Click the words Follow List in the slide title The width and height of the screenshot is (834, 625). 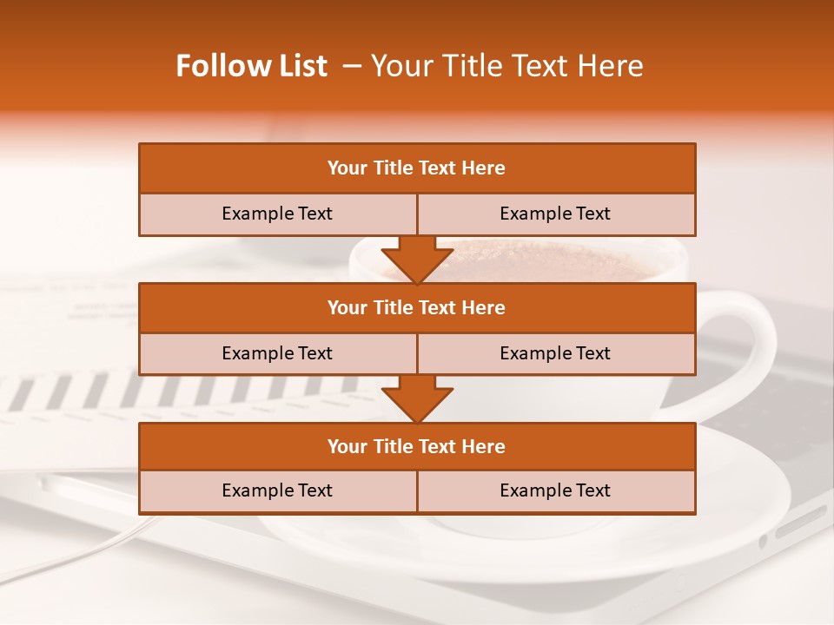[x=251, y=66]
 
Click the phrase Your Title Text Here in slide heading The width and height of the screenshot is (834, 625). [x=506, y=66]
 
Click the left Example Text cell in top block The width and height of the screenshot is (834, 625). [x=277, y=214]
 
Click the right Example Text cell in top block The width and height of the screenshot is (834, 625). [x=555, y=214]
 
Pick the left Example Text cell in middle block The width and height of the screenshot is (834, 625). [x=277, y=353]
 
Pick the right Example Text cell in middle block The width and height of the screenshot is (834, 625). [x=555, y=353]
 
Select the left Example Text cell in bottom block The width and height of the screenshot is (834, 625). [x=277, y=490]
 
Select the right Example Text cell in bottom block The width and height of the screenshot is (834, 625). [x=555, y=490]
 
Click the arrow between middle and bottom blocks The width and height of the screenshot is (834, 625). [x=417, y=398]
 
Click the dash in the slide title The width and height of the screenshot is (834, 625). [x=352, y=66]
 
